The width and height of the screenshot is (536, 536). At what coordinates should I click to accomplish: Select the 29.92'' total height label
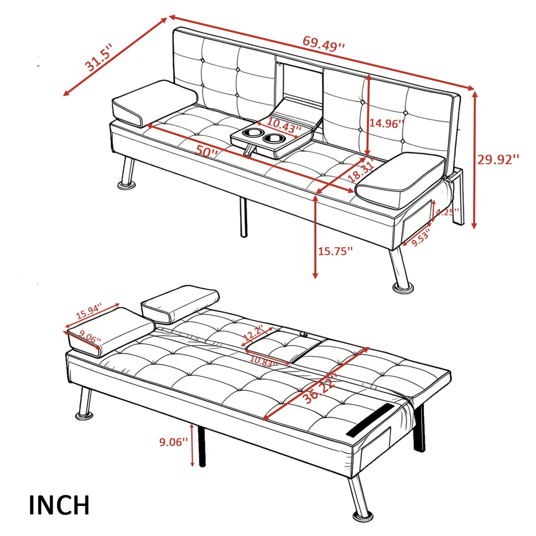pos(498,160)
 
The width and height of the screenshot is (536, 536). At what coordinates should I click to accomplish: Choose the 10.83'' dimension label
pos(263,363)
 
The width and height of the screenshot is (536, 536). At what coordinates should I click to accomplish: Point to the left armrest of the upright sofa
pos(155,103)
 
